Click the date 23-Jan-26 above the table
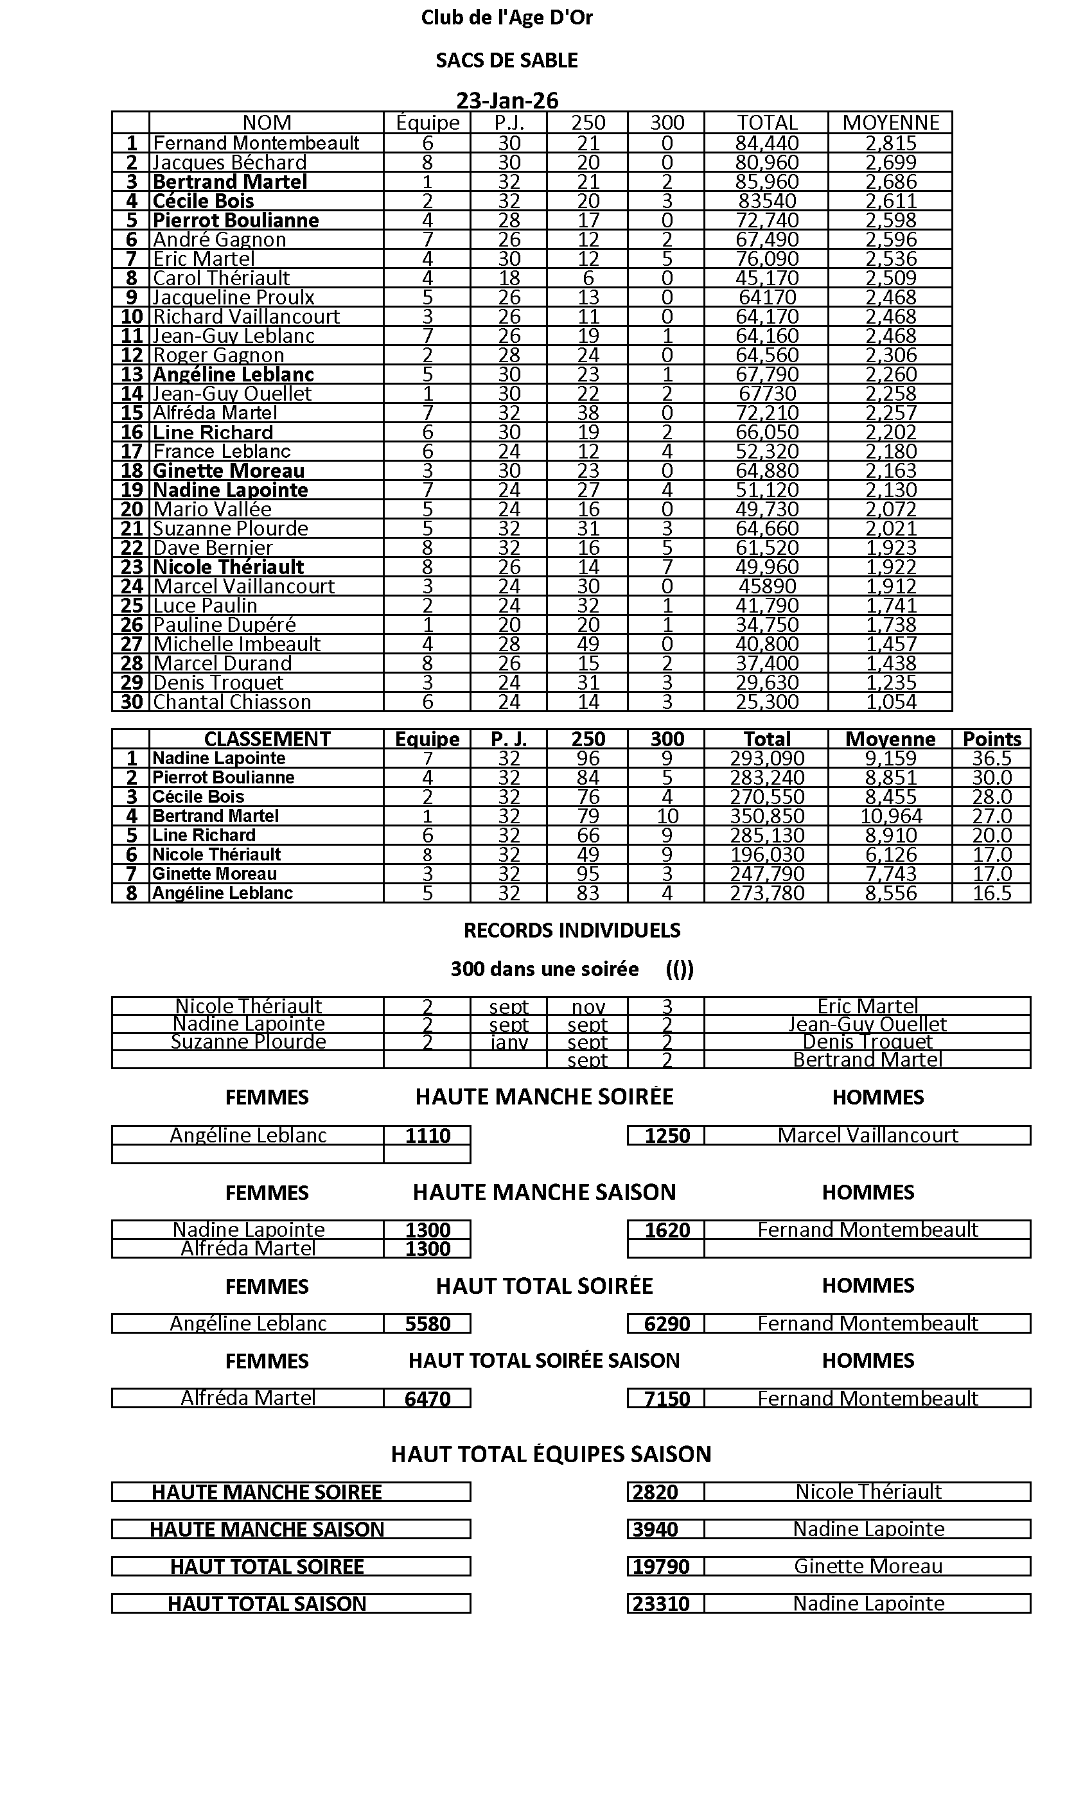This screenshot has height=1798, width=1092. pyautogui.click(x=507, y=100)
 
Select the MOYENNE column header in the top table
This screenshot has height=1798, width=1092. pyautogui.click(x=890, y=123)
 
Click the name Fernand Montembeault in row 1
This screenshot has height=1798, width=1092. pyautogui.click(x=256, y=143)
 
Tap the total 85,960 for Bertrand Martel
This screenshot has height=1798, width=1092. pyautogui.click(x=766, y=182)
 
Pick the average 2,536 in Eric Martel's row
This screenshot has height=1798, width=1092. pyautogui.click(x=890, y=259)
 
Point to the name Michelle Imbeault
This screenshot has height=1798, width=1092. pyautogui.click(x=236, y=644)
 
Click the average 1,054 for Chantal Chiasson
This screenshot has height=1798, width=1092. pyautogui.click(x=890, y=702)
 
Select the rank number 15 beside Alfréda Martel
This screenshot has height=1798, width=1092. pyautogui.click(x=132, y=413)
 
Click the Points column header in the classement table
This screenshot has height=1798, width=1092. pyautogui.click(x=991, y=739)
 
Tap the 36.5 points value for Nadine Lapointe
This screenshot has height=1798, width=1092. pyautogui.click(x=991, y=758)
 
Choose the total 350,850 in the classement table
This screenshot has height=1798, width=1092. pyautogui.click(x=766, y=816)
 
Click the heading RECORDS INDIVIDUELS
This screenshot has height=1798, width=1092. pyautogui.click(x=572, y=930)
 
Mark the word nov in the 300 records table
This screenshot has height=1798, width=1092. pyautogui.click(x=588, y=1007)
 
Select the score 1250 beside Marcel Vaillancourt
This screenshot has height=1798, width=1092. pyautogui.click(x=667, y=1135)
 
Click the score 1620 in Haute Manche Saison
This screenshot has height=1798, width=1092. pyautogui.click(x=667, y=1230)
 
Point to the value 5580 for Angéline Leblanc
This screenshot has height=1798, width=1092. pyautogui.click(x=427, y=1323)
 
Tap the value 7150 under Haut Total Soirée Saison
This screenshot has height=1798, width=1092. pyautogui.click(x=667, y=1399)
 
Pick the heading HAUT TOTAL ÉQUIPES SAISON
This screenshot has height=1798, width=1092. pyautogui.click(x=550, y=1454)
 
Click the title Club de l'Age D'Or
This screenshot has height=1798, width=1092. pyautogui.click(x=507, y=17)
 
